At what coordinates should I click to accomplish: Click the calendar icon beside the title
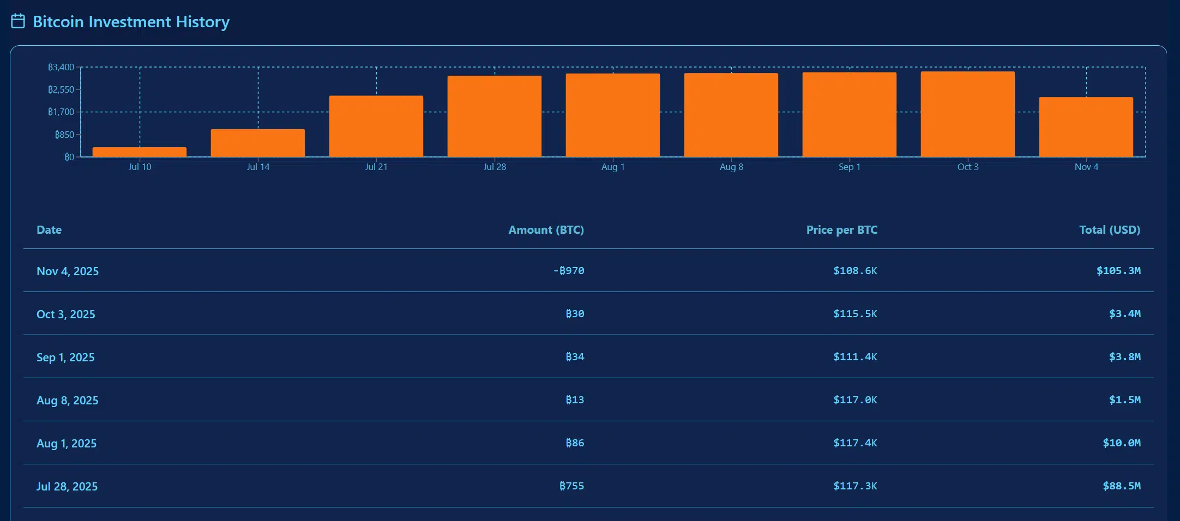tap(18, 21)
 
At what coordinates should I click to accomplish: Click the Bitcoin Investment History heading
tap(131, 22)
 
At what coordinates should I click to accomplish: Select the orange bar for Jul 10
tap(140, 152)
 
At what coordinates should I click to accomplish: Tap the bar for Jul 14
tap(258, 143)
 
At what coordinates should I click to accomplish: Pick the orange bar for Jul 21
tap(376, 126)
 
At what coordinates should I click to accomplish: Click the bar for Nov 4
tap(1086, 127)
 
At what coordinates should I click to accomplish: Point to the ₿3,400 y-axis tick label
tap(61, 67)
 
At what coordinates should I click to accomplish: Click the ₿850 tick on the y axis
tap(64, 135)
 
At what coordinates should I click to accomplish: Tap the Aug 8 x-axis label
tap(731, 167)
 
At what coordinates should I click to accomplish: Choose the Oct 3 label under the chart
tap(968, 167)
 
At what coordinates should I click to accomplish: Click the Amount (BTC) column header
tap(546, 230)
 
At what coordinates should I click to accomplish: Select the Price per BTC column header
tap(841, 230)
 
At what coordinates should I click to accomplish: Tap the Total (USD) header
tap(1110, 230)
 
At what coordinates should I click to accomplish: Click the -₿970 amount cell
tap(569, 271)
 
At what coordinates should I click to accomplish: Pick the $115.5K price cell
tap(855, 314)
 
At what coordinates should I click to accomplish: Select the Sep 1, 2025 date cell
tap(65, 358)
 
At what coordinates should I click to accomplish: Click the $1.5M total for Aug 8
tap(1124, 400)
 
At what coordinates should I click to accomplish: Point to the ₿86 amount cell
tap(575, 443)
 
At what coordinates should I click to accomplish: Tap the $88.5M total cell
tap(1121, 486)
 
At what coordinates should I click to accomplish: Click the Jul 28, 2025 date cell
tap(67, 487)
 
